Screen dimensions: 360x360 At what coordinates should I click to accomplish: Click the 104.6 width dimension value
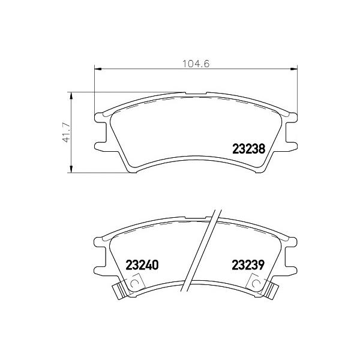196,64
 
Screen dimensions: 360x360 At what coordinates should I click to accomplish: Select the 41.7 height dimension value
67,133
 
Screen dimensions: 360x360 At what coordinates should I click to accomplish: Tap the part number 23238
249,149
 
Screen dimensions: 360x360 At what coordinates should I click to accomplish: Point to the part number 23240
142,265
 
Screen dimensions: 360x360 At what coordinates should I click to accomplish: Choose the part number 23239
248,265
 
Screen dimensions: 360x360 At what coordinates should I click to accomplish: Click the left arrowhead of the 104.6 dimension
98,68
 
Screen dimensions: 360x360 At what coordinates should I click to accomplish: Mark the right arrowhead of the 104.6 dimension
294,68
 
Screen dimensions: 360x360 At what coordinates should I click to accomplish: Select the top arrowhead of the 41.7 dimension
71,96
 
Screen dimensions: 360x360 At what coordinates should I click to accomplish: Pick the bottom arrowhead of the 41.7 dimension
71,169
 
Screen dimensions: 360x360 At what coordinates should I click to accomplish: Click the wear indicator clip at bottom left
119,291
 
